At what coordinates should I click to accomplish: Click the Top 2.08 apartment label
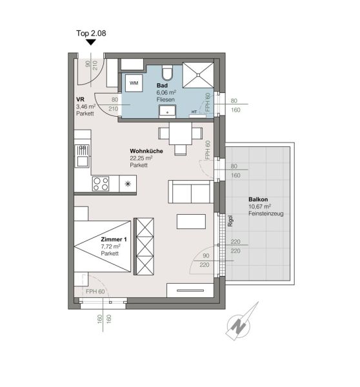[x=91, y=34]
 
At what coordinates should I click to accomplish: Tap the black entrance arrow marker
[x=91, y=43]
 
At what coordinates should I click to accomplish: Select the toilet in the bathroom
[x=168, y=72]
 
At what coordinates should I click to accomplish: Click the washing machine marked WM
[x=134, y=83]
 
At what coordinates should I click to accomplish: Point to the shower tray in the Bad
[x=198, y=75]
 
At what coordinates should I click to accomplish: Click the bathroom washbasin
[x=167, y=111]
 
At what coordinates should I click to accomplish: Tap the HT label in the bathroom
[x=194, y=112]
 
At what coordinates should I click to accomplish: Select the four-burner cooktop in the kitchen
[x=101, y=184]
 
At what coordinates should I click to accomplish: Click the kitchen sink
[x=82, y=156]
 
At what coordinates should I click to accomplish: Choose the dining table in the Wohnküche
[x=181, y=134]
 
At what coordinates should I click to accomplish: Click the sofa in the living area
[x=191, y=192]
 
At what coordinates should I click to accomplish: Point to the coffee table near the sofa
[x=191, y=221]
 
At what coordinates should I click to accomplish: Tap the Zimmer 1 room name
[x=114, y=239]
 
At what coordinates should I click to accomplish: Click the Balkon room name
[x=258, y=199]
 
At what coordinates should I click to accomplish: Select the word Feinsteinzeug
[x=266, y=213]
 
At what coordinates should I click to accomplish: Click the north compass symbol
[x=239, y=326]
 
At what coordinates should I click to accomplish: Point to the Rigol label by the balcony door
[x=230, y=221]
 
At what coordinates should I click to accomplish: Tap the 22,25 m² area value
[x=141, y=158]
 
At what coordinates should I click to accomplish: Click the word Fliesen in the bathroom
[x=165, y=99]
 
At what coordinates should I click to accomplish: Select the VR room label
[x=80, y=99]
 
